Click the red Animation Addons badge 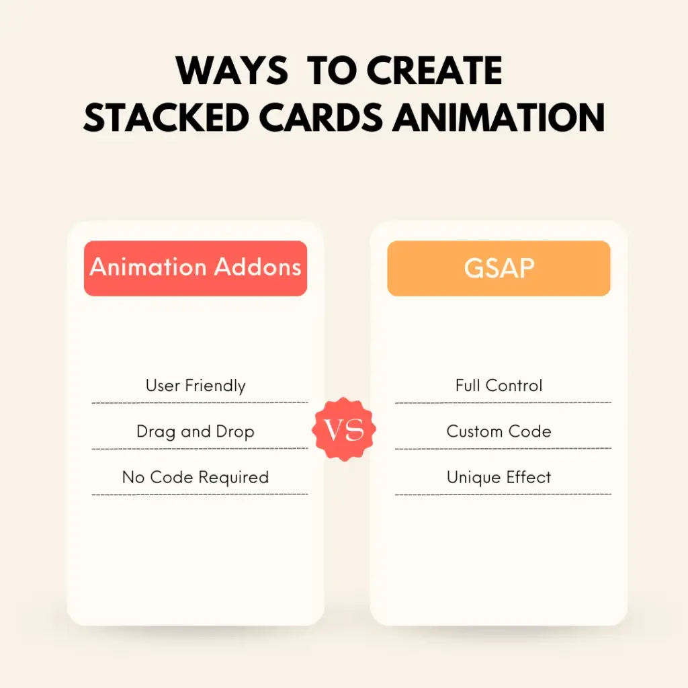click(196, 268)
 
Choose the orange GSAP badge click(499, 268)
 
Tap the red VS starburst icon click(345, 429)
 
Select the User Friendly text click(196, 386)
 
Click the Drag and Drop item click(196, 431)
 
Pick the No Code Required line click(196, 477)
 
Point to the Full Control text click(499, 386)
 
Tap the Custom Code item click(499, 431)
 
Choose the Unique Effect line click(499, 477)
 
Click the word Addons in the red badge click(257, 267)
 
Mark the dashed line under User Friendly click(200, 402)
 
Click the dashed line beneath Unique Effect click(503, 494)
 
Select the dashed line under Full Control click(503, 402)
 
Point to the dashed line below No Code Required click(200, 494)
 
